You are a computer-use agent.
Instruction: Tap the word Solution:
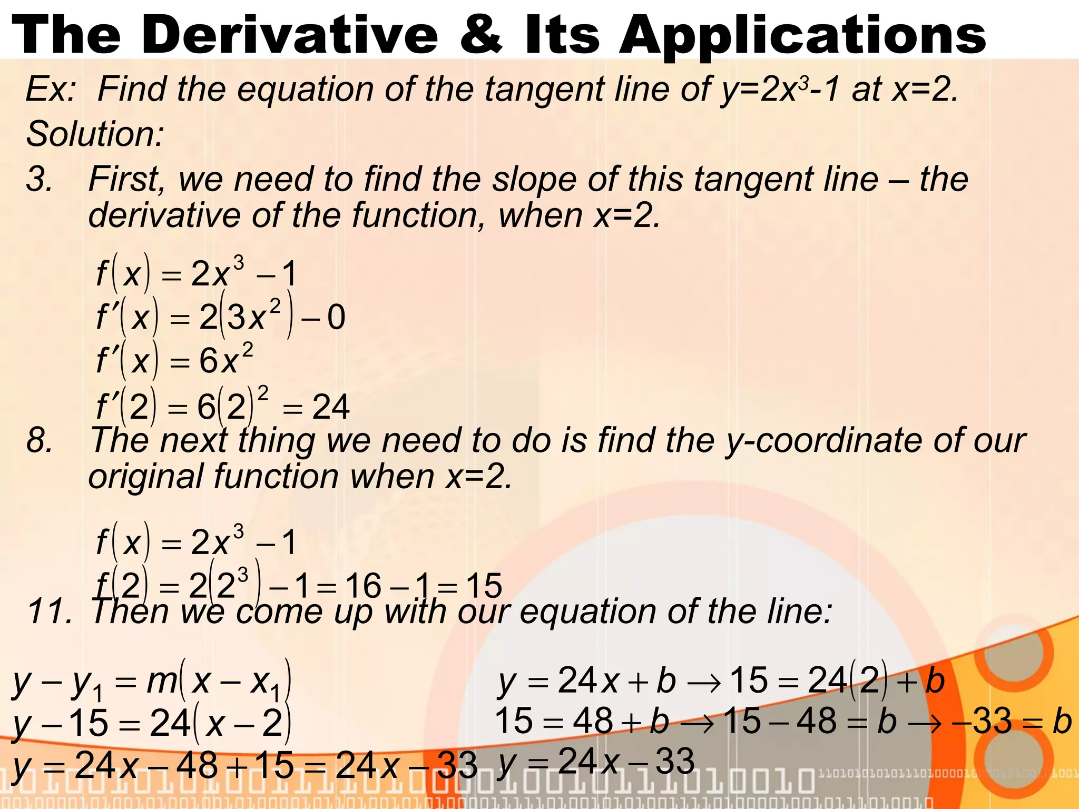95,134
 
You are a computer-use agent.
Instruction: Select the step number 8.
40,440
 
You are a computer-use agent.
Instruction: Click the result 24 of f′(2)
330,407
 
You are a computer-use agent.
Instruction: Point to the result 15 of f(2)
484,586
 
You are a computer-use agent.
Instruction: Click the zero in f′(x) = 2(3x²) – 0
336,318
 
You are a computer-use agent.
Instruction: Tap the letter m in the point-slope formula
162,680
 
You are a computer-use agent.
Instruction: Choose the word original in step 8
145,477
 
